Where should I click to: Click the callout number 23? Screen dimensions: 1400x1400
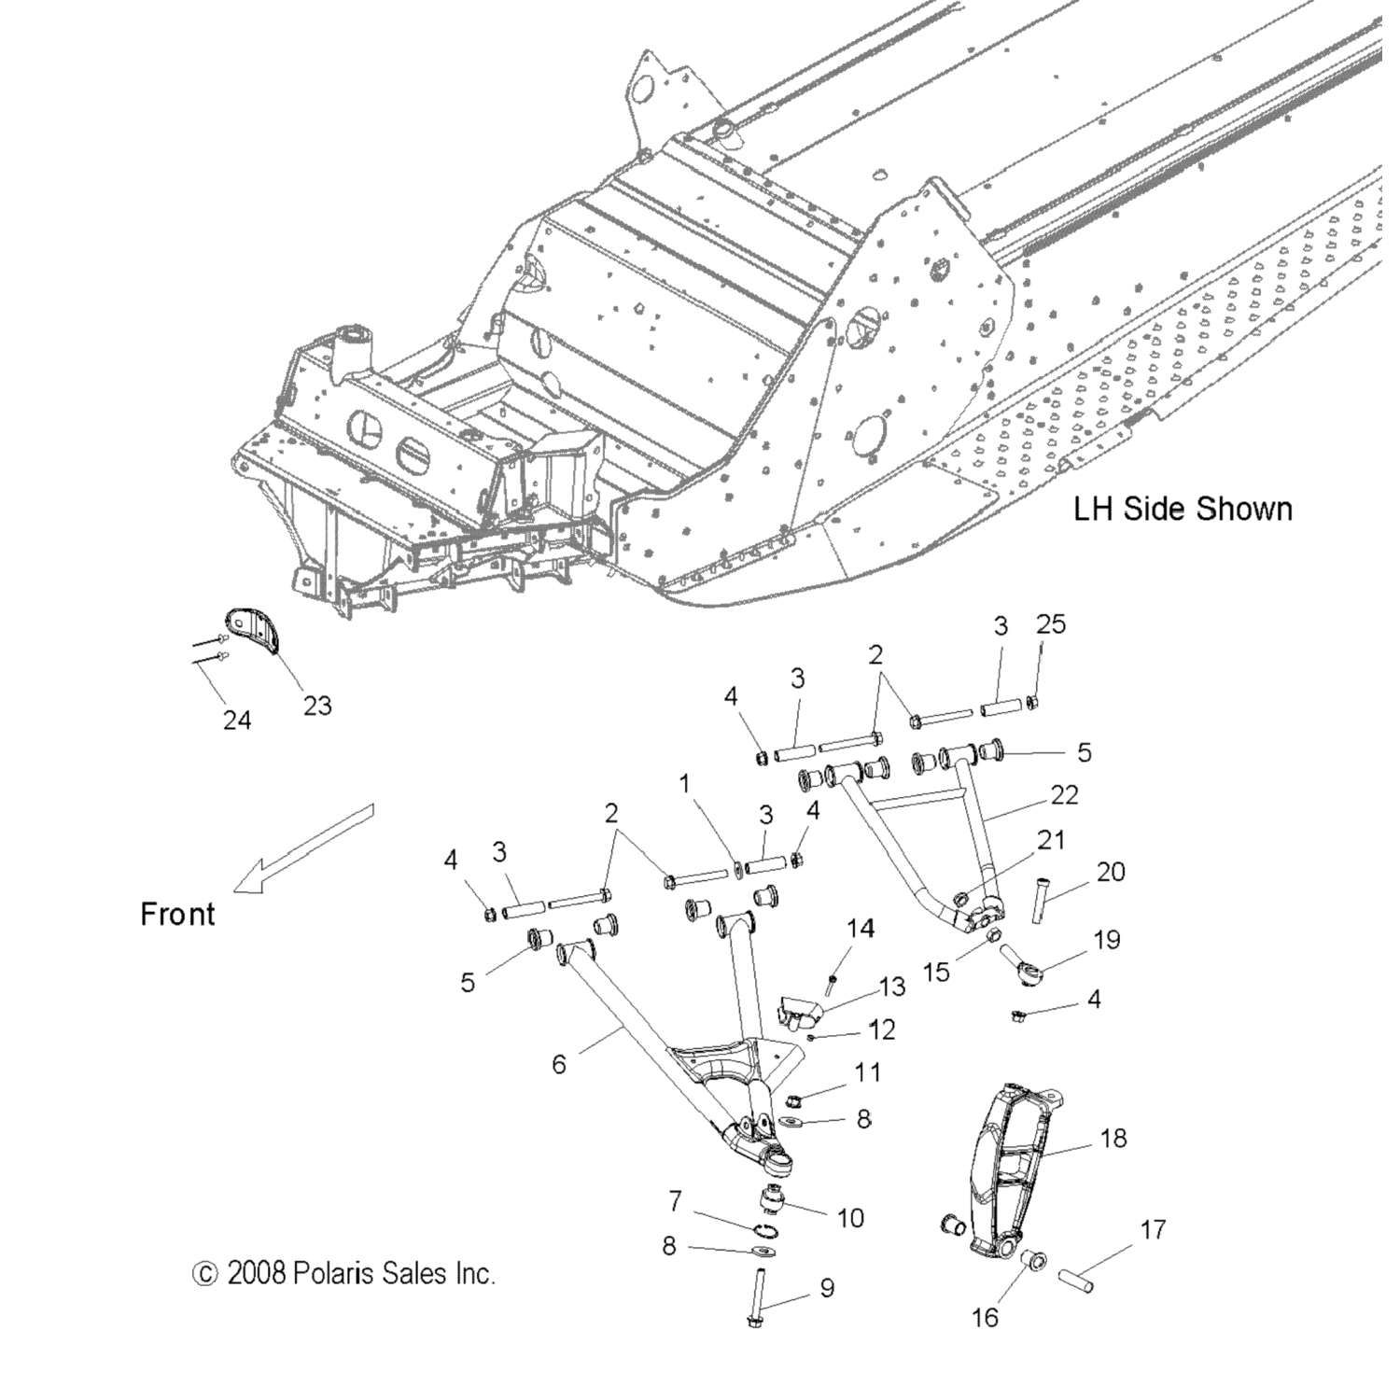(317, 705)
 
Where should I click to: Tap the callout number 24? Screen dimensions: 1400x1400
(236, 720)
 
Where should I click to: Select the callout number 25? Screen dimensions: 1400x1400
(1051, 624)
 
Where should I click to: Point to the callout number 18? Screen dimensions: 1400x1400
(1113, 1138)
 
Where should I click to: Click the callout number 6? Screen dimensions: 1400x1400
(559, 1064)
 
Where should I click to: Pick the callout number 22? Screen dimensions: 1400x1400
(1064, 794)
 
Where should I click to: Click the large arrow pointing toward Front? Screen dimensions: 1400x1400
(303, 849)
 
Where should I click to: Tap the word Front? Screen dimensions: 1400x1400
(177, 914)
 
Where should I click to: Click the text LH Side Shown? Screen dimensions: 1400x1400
(1183, 509)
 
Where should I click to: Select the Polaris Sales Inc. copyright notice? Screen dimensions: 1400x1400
(343, 1273)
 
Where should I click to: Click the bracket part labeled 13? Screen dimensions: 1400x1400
(798, 1011)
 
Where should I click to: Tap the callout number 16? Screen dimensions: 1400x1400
(986, 1317)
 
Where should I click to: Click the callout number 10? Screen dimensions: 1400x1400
(851, 1217)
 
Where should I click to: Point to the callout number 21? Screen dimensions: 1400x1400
(1051, 839)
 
